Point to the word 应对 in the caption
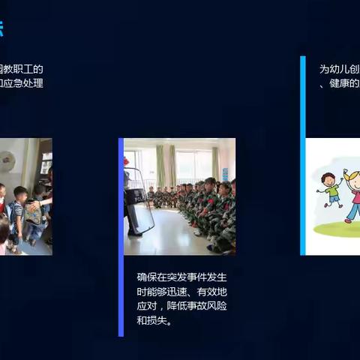point(147,307)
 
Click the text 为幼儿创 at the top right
point(339,69)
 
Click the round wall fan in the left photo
point(7,160)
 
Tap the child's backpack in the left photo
point(32,214)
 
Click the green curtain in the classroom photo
point(160,166)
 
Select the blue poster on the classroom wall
point(224,173)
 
